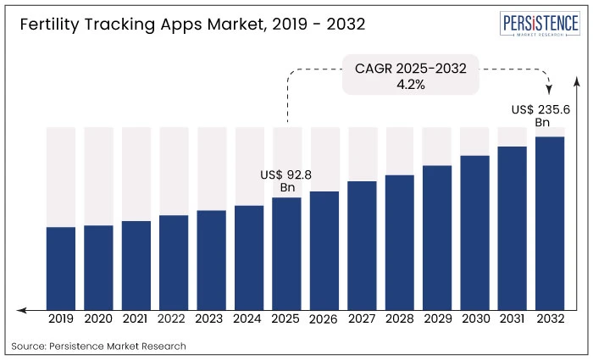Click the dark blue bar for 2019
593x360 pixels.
(61, 268)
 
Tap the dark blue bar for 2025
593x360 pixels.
(286, 253)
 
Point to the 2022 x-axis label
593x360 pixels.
(173, 319)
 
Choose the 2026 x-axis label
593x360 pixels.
(324, 320)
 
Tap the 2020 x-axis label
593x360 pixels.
(98, 319)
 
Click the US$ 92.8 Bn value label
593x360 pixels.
(286, 180)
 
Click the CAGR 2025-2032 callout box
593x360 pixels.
(411, 75)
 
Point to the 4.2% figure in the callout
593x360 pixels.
(411, 84)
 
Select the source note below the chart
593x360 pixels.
(99, 346)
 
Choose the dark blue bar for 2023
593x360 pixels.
(211, 259)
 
